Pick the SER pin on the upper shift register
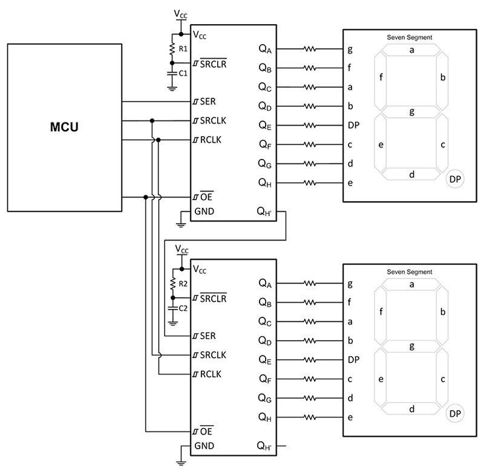coord(208,101)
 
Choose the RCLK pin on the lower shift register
coord(211,374)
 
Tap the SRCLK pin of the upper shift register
coord(214,120)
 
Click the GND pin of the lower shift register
coord(204,447)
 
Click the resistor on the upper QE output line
coord(310,126)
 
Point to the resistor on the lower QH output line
coord(310,417)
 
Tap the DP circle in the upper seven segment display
coord(454,180)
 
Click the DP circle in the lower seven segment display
coord(454,414)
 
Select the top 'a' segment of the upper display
coord(411,50)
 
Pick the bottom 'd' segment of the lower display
coord(411,409)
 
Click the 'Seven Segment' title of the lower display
coord(410,272)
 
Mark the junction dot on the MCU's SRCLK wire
coord(152,121)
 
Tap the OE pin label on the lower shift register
coord(207,431)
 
